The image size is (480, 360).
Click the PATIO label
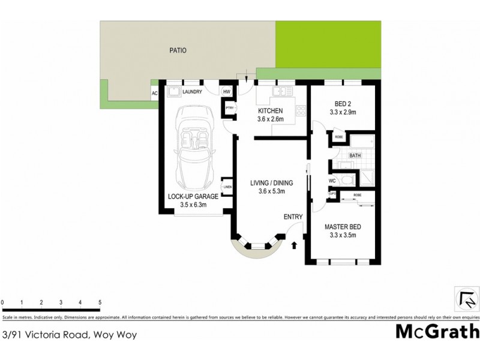coord(177,51)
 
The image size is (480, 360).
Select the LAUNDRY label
coord(192,92)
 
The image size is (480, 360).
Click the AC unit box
coord(154,93)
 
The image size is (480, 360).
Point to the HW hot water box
coord(227,92)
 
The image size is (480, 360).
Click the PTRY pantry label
coord(229,108)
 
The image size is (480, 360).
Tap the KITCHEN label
coord(270,111)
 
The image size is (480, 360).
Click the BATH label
coord(355,155)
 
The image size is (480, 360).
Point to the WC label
coord(332,181)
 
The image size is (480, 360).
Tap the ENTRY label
coord(293,217)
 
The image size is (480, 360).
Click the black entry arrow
coord(294,245)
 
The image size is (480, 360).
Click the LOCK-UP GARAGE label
coord(193,196)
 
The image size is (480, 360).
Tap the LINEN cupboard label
coord(227,187)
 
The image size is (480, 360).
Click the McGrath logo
coord(437,331)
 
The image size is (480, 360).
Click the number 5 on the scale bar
coord(100,302)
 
